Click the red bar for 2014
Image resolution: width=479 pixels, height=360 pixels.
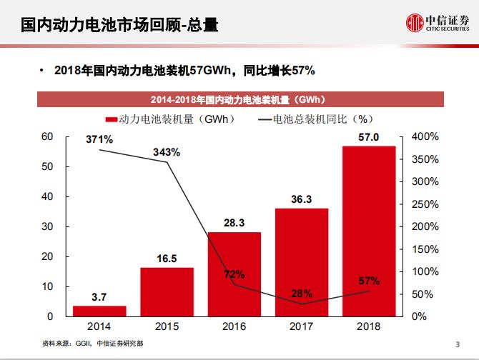tap(99, 311)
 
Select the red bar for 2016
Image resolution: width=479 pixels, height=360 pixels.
tap(234, 274)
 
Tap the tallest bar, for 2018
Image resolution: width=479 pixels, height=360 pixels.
tap(369, 231)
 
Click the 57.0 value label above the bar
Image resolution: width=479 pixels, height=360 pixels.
tap(369, 137)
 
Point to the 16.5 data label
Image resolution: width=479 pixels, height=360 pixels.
tap(167, 259)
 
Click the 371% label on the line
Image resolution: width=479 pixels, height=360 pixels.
tap(99, 139)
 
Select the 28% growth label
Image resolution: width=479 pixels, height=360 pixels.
tap(302, 294)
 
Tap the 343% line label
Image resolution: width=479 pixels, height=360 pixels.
tap(167, 152)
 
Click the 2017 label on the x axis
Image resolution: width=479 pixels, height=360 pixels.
tap(302, 326)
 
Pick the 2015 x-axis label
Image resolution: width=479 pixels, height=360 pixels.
tap(167, 326)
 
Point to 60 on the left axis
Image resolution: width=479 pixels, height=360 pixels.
tap(46, 136)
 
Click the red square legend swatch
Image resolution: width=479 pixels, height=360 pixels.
tap(111, 119)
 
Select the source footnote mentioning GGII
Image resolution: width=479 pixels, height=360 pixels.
tap(93, 343)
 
